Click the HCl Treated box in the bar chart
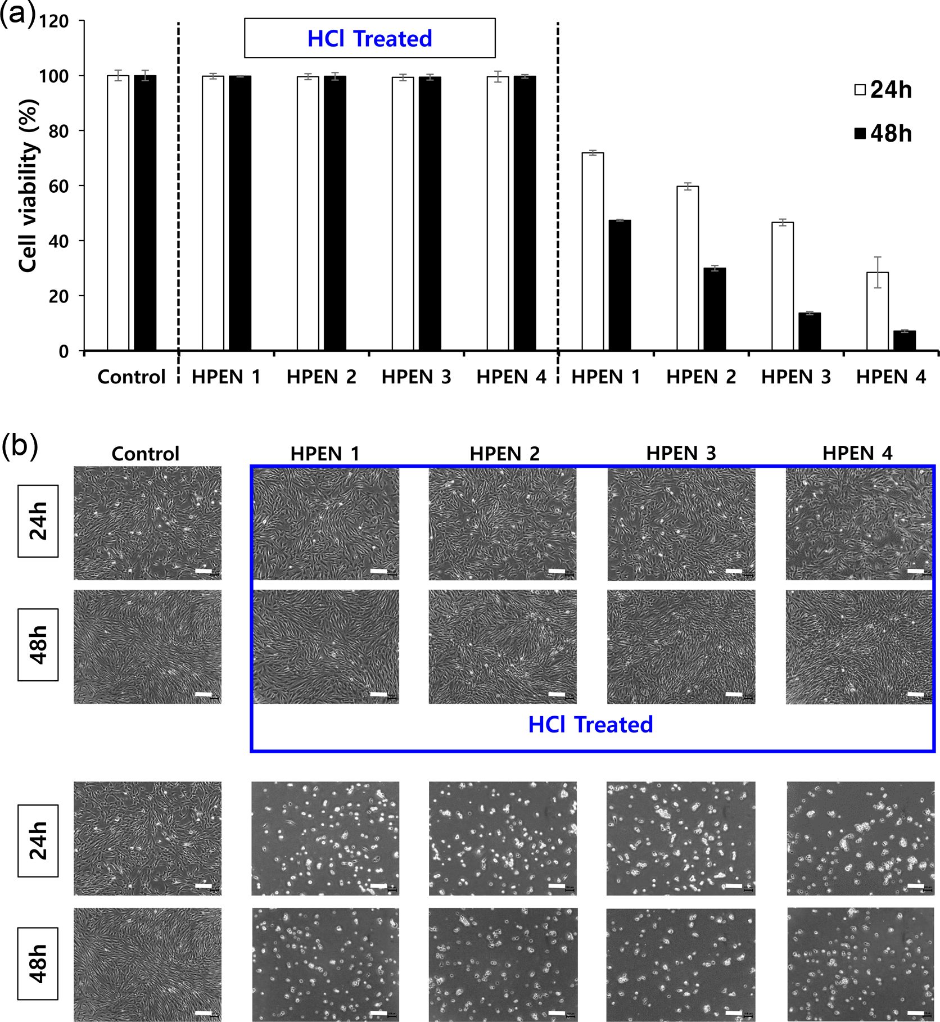tap(369, 38)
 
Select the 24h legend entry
tap(883, 90)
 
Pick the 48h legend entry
tap(883, 134)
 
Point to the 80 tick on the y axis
tap(58, 131)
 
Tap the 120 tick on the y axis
tap(53, 21)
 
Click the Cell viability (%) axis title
tap(28, 186)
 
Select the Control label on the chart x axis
tap(131, 377)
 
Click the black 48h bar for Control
tap(145, 214)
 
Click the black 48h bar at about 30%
tap(715, 310)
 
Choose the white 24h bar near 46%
tap(783, 287)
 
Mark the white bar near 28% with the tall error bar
tap(878, 311)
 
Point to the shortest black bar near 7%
tap(905, 341)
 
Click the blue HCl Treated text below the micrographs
tap(590, 725)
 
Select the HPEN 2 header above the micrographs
tap(504, 454)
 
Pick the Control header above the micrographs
tap(145, 454)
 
